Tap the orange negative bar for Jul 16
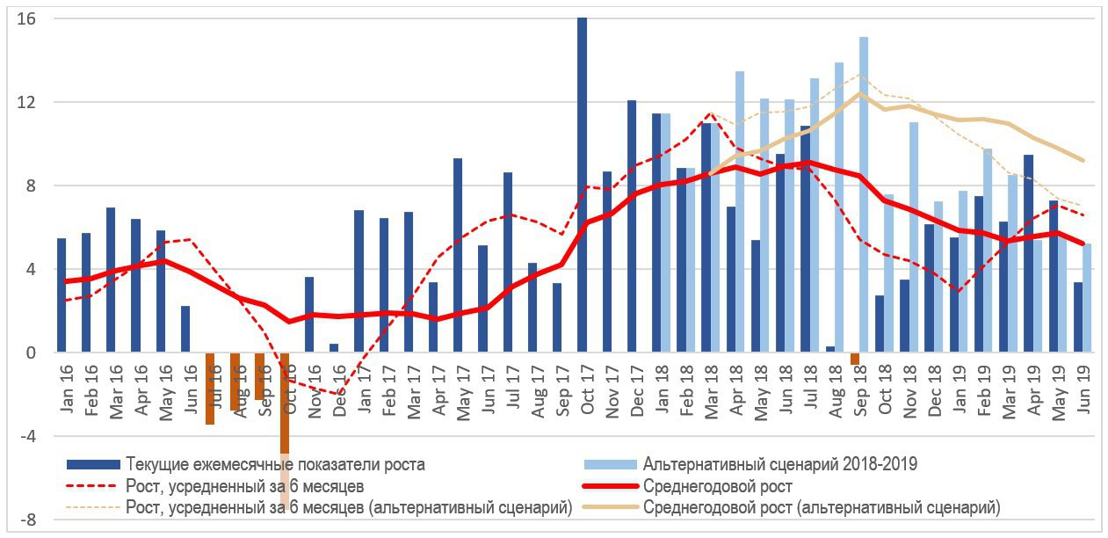point(210,389)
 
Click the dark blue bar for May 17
point(458,255)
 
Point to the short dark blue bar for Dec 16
point(334,348)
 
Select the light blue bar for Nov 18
point(914,237)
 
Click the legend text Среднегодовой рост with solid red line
point(718,486)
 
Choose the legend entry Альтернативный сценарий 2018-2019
point(780,464)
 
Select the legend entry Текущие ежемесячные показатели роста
point(275,464)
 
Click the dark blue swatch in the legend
point(92,464)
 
